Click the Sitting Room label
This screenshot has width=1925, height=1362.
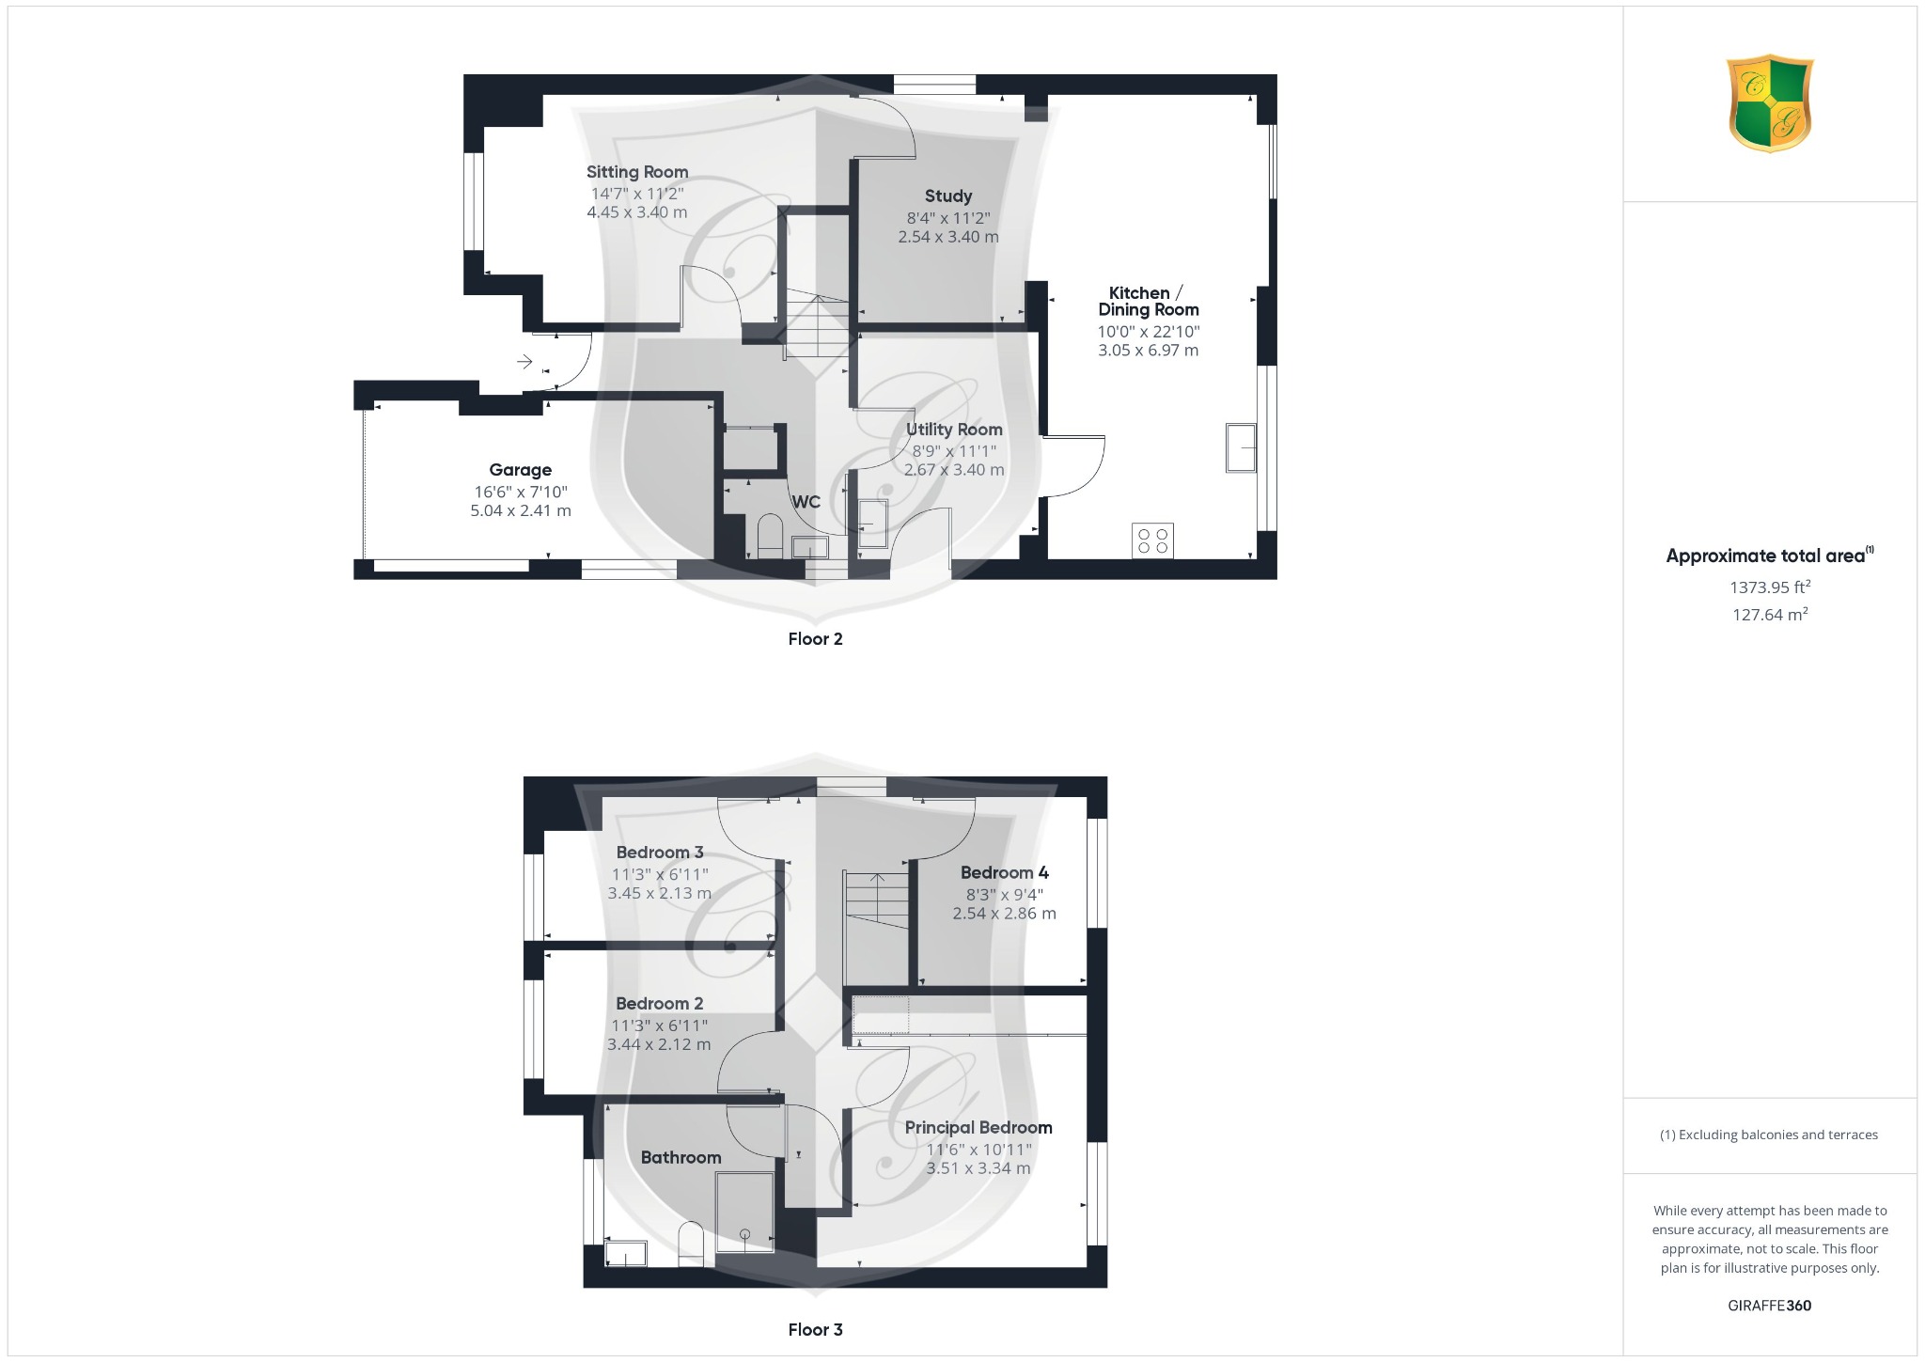click(637, 172)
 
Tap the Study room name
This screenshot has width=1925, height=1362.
click(947, 196)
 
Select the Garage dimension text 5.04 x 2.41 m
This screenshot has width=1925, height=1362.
click(521, 511)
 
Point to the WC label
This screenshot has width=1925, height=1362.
click(806, 502)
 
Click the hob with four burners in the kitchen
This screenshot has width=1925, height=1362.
click(1152, 540)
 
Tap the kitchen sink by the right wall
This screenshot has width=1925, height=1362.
click(1241, 448)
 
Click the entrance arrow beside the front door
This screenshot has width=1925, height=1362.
click(524, 362)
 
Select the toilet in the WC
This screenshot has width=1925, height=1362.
click(770, 536)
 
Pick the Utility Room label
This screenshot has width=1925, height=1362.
click(954, 430)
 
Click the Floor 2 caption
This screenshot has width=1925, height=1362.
click(815, 639)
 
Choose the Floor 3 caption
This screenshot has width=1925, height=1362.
click(815, 1330)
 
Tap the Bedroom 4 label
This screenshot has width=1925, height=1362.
click(1004, 873)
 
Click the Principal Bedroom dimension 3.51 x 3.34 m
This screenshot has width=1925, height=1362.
click(978, 1168)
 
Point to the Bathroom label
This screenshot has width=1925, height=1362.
click(681, 1158)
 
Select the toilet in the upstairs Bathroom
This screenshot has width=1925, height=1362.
click(691, 1243)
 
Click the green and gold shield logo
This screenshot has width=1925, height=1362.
click(1770, 102)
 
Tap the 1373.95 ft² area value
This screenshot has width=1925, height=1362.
click(1770, 587)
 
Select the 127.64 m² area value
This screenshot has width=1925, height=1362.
click(1770, 615)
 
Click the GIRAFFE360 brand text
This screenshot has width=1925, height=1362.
click(1769, 1306)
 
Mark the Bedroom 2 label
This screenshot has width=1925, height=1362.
click(659, 1004)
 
